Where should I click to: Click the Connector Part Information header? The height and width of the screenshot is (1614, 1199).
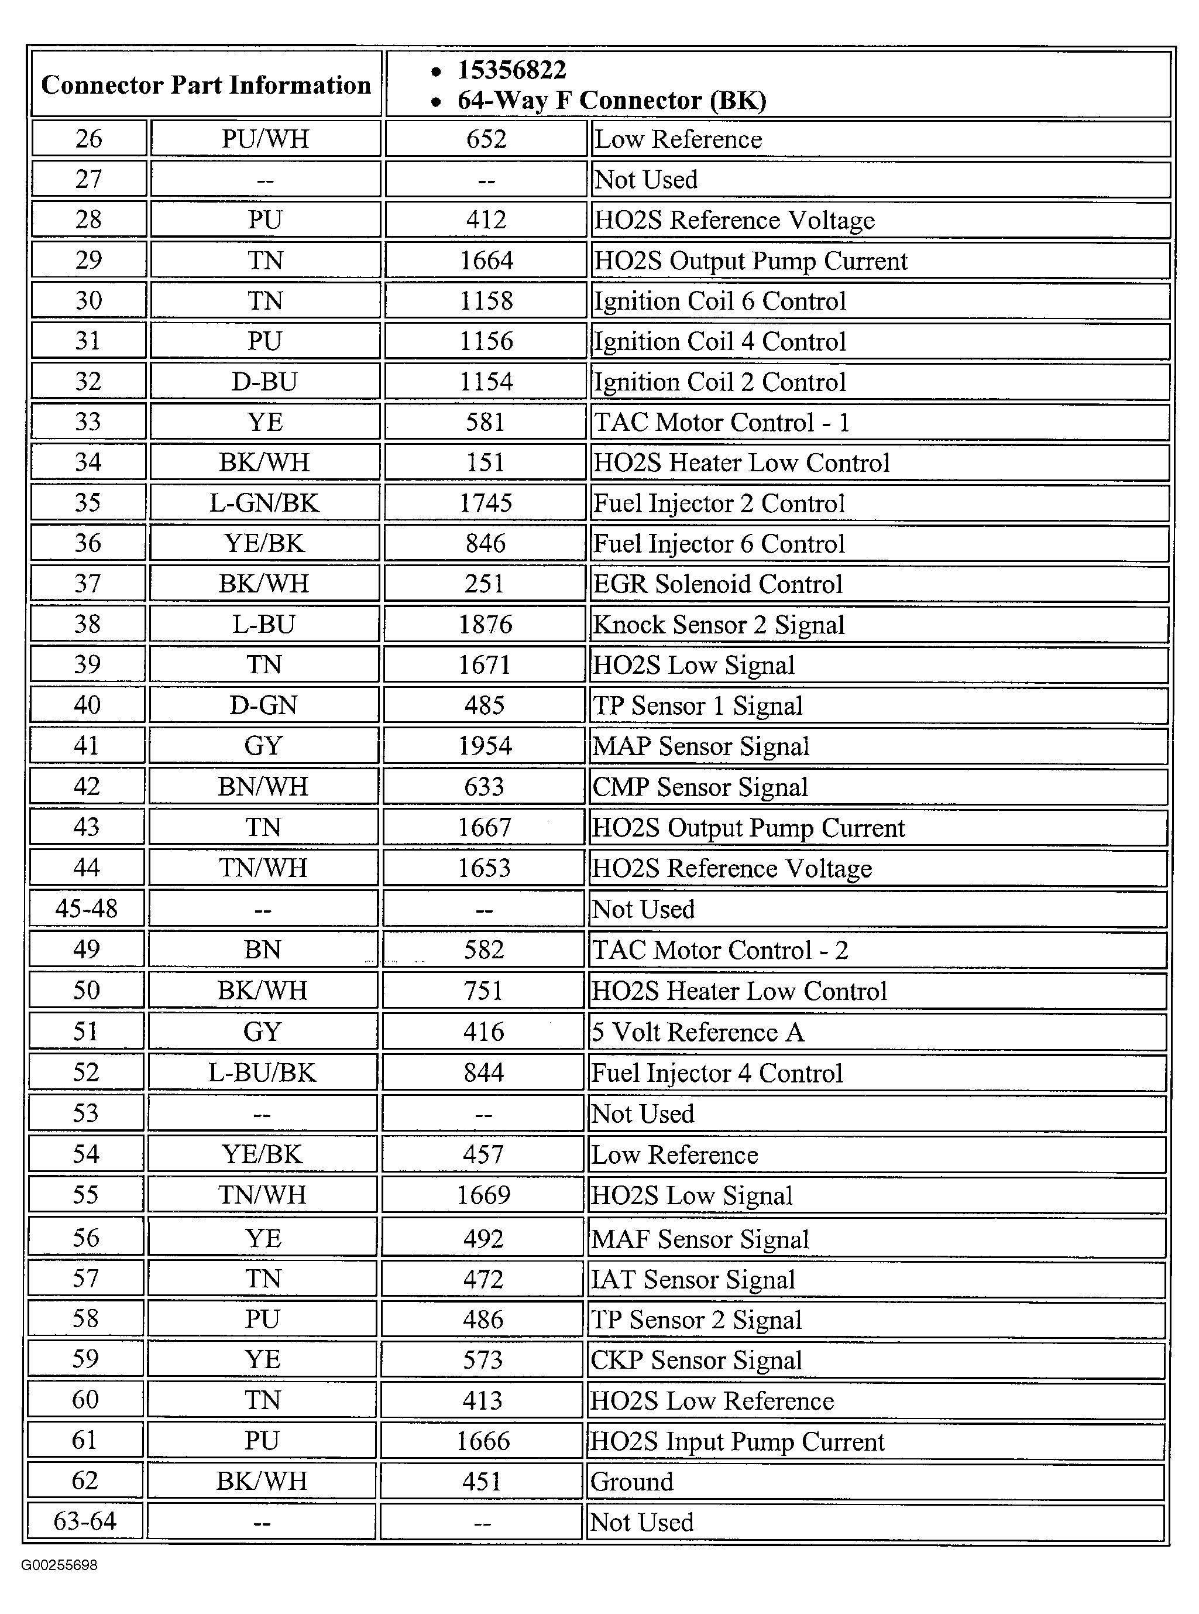(x=206, y=85)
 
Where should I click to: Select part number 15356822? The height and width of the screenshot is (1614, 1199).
(x=511, y=70)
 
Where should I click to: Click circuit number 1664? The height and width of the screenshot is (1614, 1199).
(x=486, y=261)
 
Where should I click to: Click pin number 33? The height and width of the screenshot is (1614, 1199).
(x=88, y=422)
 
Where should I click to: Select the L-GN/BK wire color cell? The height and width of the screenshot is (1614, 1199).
(x=264, y=503)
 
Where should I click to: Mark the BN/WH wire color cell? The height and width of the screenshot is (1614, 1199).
(x=263, y=786)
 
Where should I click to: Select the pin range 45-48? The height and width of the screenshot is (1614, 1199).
(x=87, y=909)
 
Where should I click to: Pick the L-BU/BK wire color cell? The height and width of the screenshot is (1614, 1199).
(x=262, y=1072)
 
